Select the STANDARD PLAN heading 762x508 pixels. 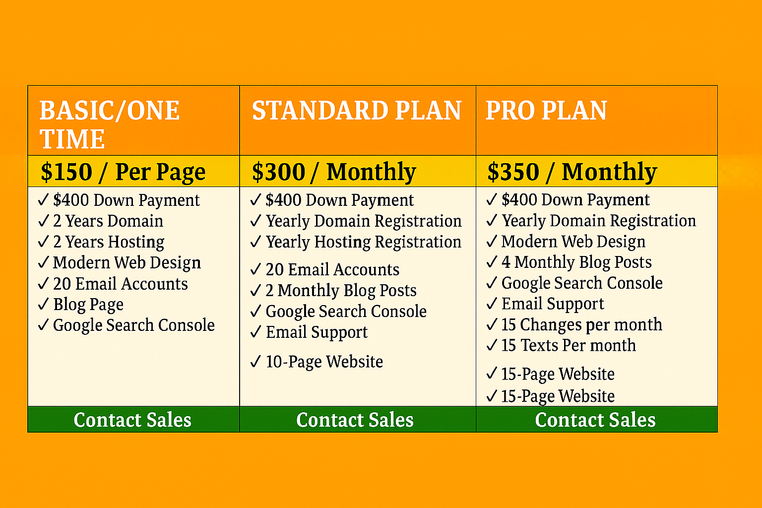(357, 111)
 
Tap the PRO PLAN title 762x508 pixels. (546, 111)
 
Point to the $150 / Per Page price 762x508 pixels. (123, 172)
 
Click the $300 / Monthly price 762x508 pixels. (334, 172)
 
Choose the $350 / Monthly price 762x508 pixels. (572, 172)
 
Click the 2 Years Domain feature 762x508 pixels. (108, 221)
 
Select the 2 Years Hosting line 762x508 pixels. (109, 242)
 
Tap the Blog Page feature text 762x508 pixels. (88, 305)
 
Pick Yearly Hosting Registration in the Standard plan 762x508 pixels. (364, 242)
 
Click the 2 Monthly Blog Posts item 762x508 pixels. (341, 290)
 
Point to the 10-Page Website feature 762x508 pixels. (324, 362)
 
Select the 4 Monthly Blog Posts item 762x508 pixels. (576, 262)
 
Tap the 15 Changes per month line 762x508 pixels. (581, 324)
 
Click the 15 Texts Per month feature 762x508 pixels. (569, 345)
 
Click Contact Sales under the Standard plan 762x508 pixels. (355, 420)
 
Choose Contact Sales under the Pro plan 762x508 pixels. (595, 420)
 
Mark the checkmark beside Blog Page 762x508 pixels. (44, 304)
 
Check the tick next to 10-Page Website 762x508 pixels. (255, 361)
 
